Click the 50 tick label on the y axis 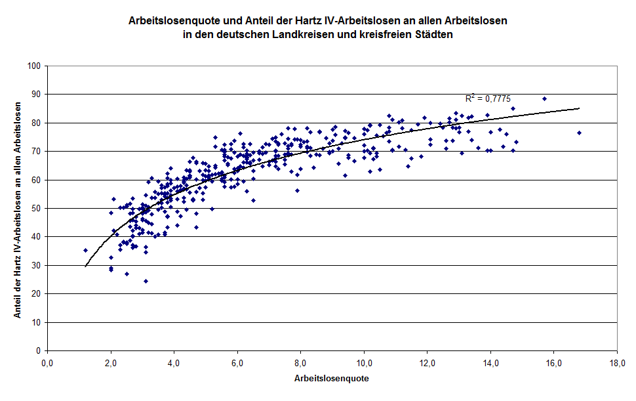pos(37,209)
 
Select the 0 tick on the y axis pos(40,351)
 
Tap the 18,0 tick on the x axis pos(616,363)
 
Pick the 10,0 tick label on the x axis pos(363,363)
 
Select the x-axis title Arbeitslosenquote pos(331,379)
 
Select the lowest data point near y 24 pos(146,281)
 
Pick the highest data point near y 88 pos(544,98)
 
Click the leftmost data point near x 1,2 pos(85,250)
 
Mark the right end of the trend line pos(579,108)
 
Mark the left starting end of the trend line pos(85,266)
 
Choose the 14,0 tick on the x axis pos(490,363)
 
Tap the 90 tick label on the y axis pos(37,95)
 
